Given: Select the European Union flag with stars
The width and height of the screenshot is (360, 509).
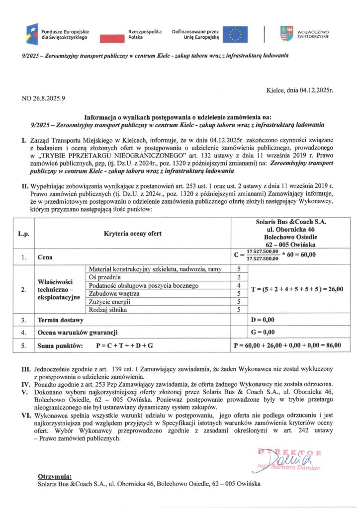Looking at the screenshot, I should [x=235, y=34].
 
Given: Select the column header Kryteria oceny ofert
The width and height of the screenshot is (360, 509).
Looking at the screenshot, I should [x=132, y=234].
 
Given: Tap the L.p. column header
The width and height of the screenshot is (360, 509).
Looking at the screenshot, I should [x=23, y=234].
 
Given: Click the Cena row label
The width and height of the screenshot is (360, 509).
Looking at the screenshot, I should [x=46, y=258].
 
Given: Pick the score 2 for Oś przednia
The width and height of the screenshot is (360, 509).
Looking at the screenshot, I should [x=240, y=277].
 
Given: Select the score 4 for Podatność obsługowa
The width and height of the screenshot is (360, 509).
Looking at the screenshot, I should [x=240, y=285].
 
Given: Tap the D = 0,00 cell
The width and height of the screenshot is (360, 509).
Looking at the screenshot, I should [x=264, y=320].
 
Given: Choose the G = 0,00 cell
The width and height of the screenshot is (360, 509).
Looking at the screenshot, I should [x=264, y=332].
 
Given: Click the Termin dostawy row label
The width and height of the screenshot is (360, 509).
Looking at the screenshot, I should [x=62, y=320].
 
